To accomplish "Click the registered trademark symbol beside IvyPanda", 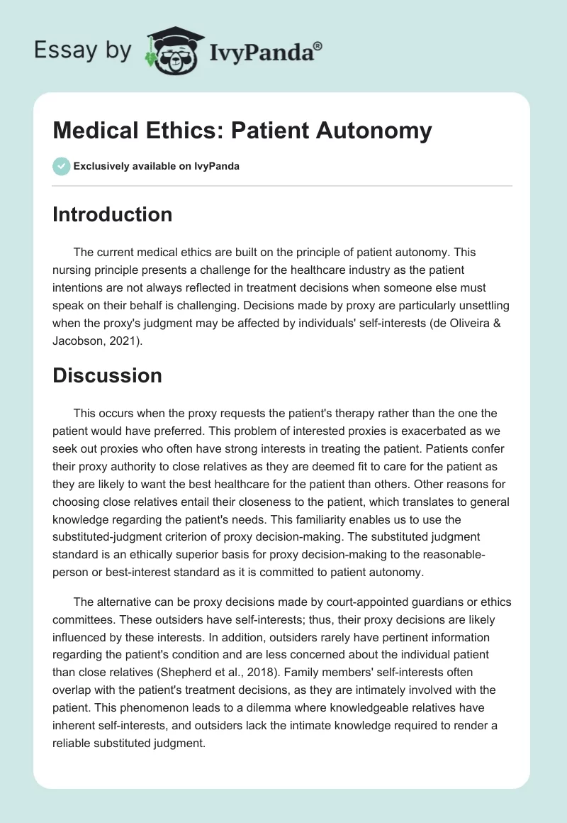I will tap(318, 45).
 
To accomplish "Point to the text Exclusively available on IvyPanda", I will tap(157, 167).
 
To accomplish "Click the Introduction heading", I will tap(112, 214).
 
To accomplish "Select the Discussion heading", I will tap(107, 375).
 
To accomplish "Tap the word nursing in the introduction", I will tap(73, 268).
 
